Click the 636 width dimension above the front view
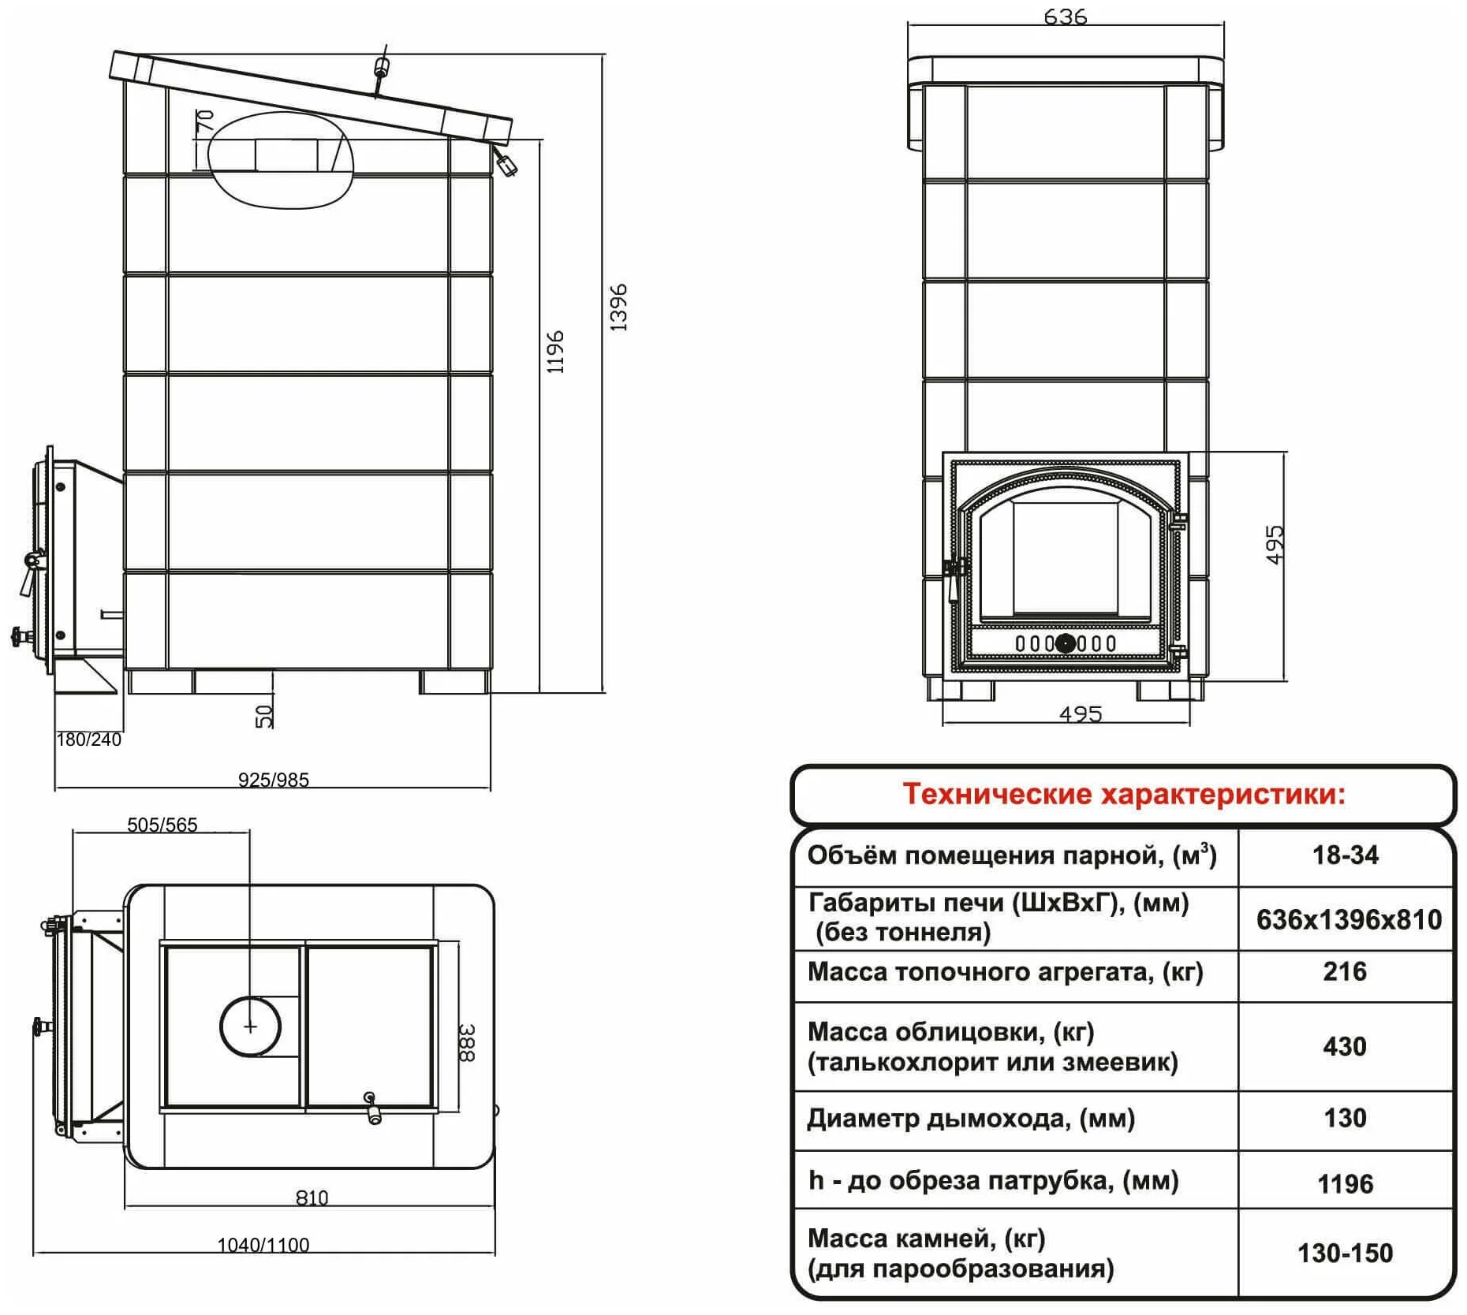tap(1065, 17)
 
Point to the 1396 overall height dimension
tap(619, 307)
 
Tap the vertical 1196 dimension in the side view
tap(556, 352)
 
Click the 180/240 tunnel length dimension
tap(89, 739)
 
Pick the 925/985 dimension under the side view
tap(274, 780)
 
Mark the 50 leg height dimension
tap(265, 716)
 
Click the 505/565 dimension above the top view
tap(162, 825)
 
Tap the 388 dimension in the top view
tap(466, 1042)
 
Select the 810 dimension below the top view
tap(312, 1198)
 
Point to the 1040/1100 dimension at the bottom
tap(263, 1245)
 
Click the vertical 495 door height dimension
tap(1275, 545)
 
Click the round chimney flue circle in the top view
tap(250, 1026)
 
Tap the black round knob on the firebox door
tap(1065, 643)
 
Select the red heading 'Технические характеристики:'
tap(1124, 794)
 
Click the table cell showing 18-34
tap(1346, 855)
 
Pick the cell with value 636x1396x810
tap(1349, 919)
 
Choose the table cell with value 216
tap(1345, 971)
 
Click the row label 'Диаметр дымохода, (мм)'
tap(971, 1119)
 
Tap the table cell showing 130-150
tap(1346, 1253)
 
